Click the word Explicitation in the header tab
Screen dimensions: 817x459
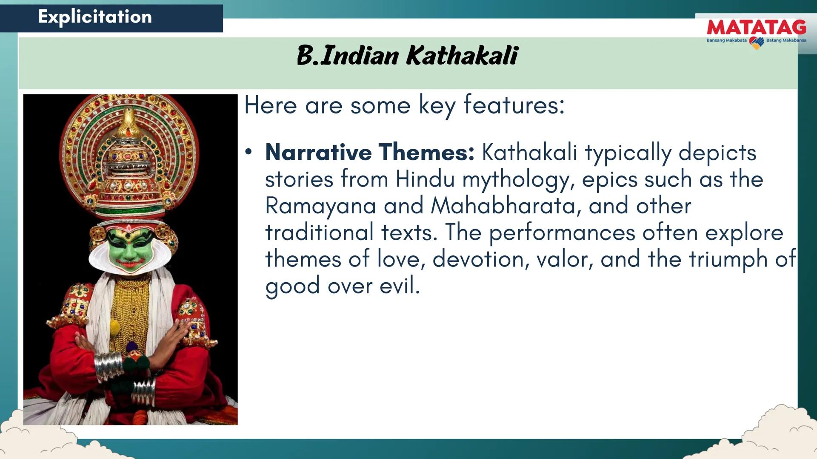tap(95, 17)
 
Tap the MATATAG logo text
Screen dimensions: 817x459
tap(756, 28)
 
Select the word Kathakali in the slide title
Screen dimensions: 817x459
tap(462, 55)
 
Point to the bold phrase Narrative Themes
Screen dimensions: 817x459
tap(370, 152)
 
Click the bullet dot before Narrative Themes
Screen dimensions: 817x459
tap(249, 152)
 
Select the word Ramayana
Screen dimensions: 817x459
tap(320, 206)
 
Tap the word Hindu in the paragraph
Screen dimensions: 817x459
tap(425, 179)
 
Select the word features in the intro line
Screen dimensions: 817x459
tap(514, 105)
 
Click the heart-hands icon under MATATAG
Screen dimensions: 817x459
tap(756, 42)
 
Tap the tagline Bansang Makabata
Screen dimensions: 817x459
tap(726, 40)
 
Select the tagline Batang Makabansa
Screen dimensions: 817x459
tap(786, 40)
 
